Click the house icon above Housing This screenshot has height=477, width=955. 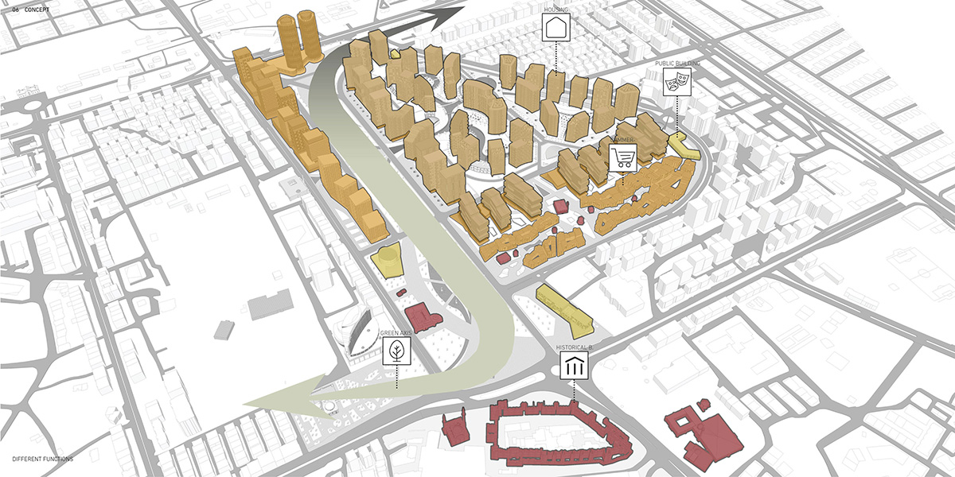coord(555,29)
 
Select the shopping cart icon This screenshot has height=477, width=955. coord(623,157)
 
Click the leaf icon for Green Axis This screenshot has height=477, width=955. coord(396,351)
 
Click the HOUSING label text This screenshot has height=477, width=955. coord(555,10)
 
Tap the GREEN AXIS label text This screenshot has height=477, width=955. coord(396,334)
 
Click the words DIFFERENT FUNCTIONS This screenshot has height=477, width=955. coord(42,460)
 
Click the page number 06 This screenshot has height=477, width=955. coord(15,10)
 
